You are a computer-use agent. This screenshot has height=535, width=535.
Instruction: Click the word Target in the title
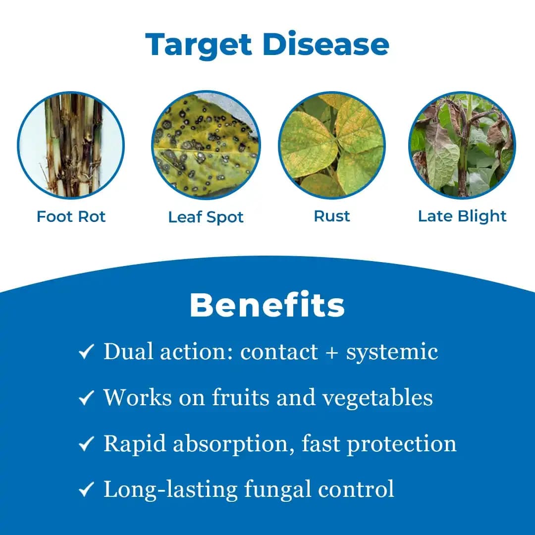click(x=199, y=44)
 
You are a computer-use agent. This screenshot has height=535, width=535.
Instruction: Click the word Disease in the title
click(x=325, y=44)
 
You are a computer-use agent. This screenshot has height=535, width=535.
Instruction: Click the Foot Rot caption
click(x=71, y=216)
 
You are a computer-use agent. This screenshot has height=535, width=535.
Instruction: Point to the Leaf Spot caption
click(x=206, y=217)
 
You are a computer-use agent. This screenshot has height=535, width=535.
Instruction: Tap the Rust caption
click(x=332, y=216)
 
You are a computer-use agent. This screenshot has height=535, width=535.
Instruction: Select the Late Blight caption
click(x=462, y=216)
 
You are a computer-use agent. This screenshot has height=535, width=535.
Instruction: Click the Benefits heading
click(x=267, y=305)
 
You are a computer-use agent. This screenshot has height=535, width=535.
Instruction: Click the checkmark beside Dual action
click(x=86, y=353)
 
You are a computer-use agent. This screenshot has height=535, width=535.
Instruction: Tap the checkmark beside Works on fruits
click(x=86, y=398)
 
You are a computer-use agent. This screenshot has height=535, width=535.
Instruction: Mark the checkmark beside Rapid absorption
click(x=86, y=444)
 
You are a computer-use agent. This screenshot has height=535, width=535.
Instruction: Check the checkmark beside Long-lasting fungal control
click(x=86, y=490)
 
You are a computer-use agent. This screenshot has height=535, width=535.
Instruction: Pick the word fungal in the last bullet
click(x=277, y=489)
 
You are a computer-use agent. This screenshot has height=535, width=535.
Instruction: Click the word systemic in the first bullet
click(x=392, y=353)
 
